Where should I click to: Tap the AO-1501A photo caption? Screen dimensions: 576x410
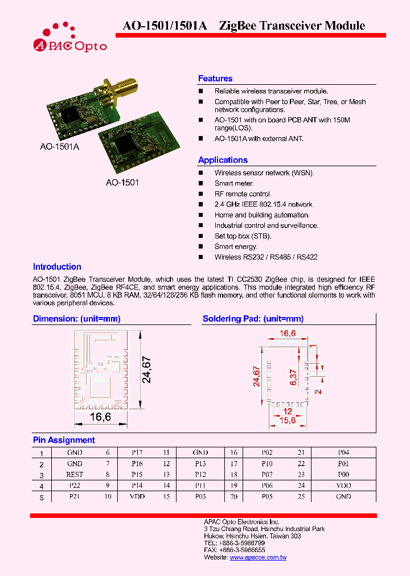[x=59, y=147]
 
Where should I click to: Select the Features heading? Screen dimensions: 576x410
[x=215, y=79]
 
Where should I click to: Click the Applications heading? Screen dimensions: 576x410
[x=223, y=160]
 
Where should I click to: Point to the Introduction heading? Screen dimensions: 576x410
[x=57, y=266]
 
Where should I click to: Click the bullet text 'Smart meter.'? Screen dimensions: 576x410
[x=234, y=183]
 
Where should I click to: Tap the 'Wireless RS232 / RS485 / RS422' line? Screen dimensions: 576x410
[x=266, y=257]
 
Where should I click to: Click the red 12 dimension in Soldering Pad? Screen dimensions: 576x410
[x=288, y=411]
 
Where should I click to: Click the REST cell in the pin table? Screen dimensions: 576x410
[x=75, y=474]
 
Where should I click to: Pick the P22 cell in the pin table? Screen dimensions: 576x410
[x=75, y=486]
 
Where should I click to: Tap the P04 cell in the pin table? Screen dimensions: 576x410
[x=343, y=452]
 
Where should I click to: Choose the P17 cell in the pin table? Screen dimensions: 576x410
[x=137, y=452]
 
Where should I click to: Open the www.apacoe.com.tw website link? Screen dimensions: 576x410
[x=258, y=557]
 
